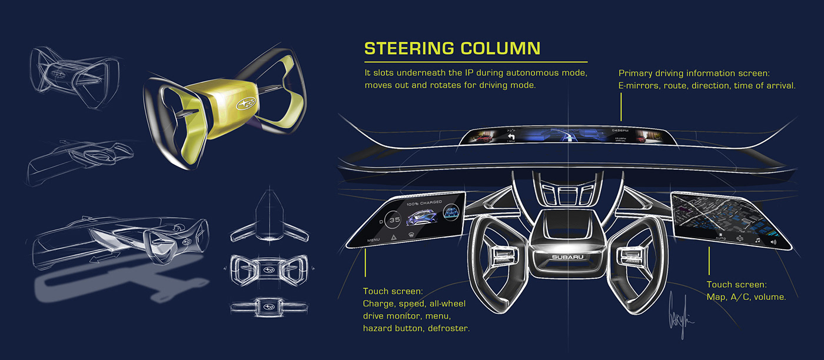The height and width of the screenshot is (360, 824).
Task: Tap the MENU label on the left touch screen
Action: [373, 240]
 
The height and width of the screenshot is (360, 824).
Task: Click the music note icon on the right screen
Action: [758, 240]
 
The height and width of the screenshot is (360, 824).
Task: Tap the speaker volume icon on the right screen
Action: [773, 241]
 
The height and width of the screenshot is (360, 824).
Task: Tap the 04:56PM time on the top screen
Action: [620, 129]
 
